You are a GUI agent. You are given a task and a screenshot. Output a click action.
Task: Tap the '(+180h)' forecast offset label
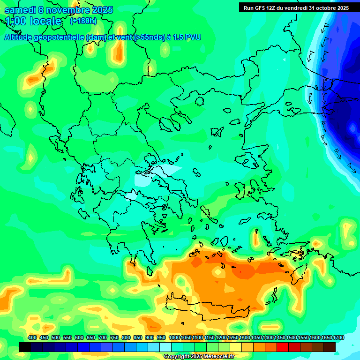pyautogui.click(x=83, y=21)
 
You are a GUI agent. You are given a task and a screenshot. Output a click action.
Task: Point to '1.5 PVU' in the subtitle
pyautogui.click(x=187, y=37)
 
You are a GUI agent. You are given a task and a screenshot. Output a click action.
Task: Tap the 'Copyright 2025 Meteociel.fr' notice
pyautogui.click(x=199, y=357)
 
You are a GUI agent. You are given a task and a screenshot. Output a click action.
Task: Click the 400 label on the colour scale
pyautogui.click(x=32, y=338)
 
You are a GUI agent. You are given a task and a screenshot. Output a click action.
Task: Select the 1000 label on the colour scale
pyautogui.click(x=174, y=338)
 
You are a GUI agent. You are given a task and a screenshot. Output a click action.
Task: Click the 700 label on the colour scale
pyautogui.click(x=103, y=338)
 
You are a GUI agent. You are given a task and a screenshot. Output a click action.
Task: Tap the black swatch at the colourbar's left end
pyautogui.click(x=25, y=347)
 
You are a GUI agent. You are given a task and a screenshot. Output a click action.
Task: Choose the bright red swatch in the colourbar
pyautogui.click(x=282, y=347)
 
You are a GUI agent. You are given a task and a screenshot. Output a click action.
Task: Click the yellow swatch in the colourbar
pyautogui.click(x=235, y=347)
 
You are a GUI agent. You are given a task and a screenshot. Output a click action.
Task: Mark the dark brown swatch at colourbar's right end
pyautogui.click(x=330, y=347)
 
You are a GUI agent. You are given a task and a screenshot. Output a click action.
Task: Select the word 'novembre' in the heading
pyautogui.click(x=69, y=10)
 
